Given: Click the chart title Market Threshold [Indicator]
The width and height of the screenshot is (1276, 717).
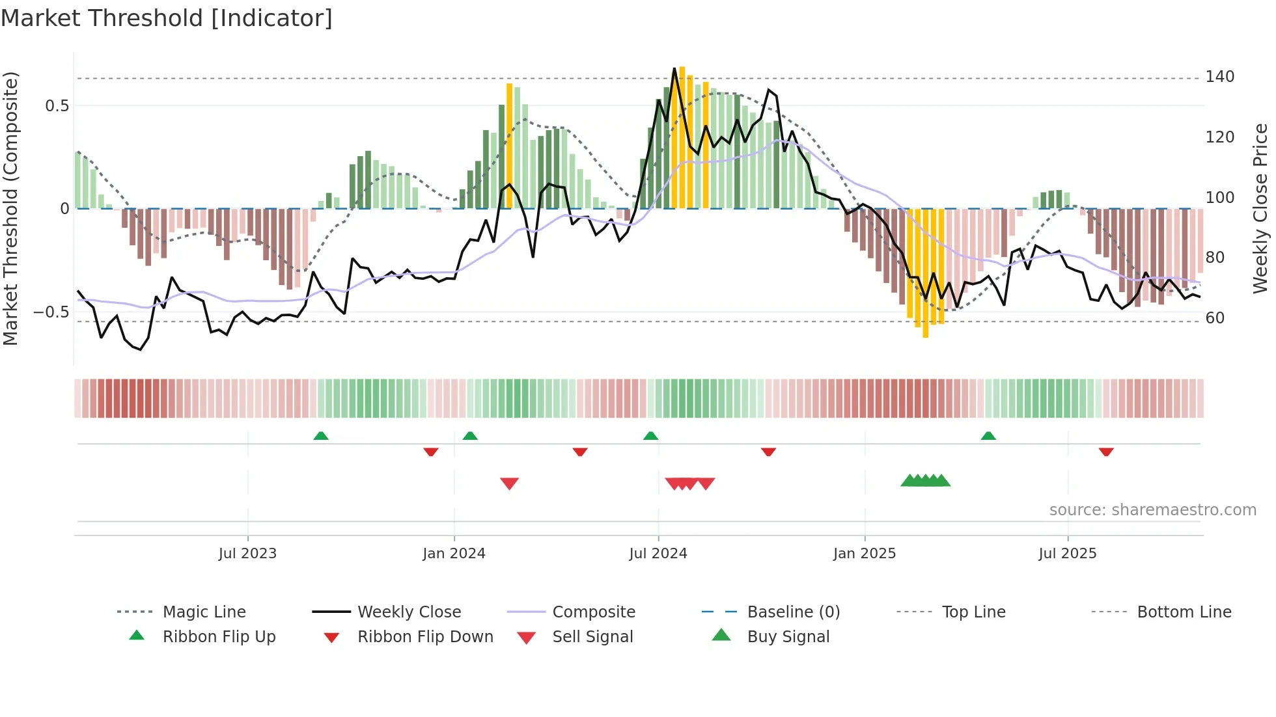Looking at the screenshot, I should point(167,18).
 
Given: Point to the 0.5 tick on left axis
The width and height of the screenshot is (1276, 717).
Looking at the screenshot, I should point(57,106).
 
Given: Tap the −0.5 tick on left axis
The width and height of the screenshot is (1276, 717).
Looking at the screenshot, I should point(51,312).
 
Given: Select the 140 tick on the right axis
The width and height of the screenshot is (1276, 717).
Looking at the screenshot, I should point(1219,77).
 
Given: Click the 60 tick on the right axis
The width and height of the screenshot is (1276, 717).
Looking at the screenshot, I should point(1215,318).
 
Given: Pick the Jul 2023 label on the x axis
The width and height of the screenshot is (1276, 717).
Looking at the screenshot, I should point(247,554).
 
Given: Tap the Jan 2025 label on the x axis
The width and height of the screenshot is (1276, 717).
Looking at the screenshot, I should point(864,554).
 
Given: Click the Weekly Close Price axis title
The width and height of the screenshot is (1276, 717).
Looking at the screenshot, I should point(1260,208).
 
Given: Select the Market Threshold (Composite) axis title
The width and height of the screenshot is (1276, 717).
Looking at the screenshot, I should point(10,208).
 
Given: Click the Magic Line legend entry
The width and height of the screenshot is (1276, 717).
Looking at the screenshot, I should point(204,612).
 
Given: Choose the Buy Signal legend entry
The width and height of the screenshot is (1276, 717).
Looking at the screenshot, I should point(788,637).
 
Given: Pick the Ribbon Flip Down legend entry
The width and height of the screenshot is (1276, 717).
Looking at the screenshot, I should point(425,637).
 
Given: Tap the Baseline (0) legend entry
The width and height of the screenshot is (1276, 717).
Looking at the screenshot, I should point(793,612).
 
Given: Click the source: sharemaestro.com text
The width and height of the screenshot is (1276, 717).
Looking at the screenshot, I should point(1152,510).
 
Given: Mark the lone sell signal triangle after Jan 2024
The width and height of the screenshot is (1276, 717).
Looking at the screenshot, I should point(509,483).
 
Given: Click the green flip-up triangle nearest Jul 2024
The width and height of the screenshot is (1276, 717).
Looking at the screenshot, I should point(650,436).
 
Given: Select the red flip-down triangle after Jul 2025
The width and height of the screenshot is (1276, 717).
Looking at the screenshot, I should point(1106,452).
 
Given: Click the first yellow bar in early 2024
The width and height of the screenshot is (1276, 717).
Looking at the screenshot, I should point(510,146).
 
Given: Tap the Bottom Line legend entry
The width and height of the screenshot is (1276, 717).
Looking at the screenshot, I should point(1184,612).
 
